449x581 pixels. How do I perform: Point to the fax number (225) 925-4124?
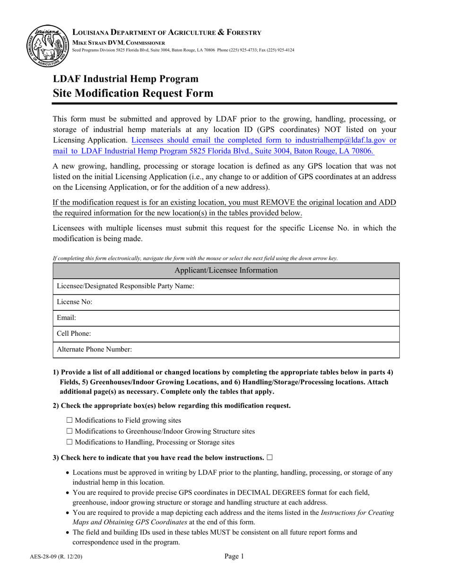[x=279, y=50]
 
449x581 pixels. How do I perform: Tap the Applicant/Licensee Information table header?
[x=226, y=271]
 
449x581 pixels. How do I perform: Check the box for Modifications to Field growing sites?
[x=70, y=420]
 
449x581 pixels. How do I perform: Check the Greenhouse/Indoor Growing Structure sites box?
[x=70, y=431]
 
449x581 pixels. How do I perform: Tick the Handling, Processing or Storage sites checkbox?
[x=70, y=443]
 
